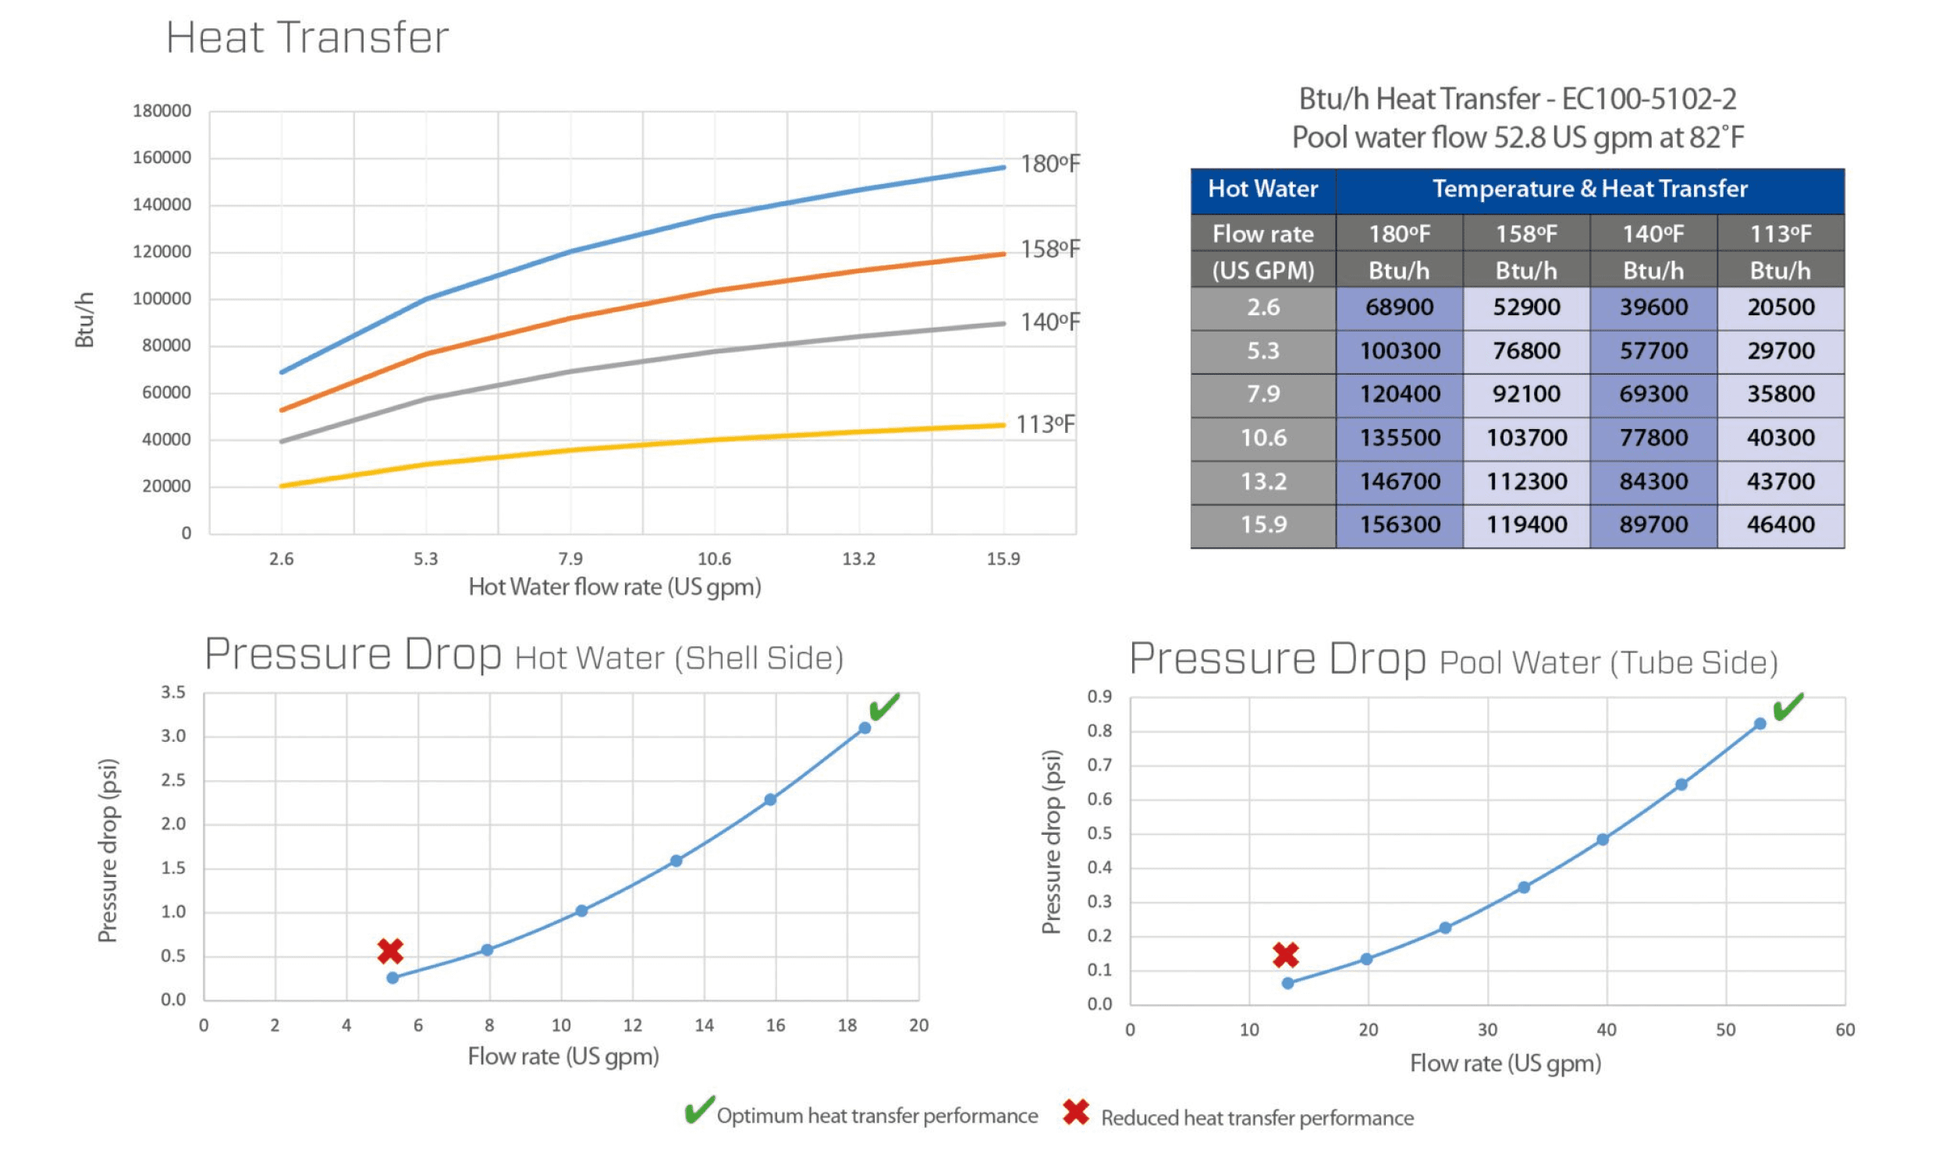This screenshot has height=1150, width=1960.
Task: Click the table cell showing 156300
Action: [1400, 524]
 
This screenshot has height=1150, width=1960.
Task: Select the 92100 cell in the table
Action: [1526, 394]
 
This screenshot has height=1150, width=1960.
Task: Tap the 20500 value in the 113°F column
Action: [1781, 307]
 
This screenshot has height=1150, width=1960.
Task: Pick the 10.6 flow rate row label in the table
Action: [1263, 438]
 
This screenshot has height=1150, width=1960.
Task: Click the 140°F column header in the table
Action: [1653, 234]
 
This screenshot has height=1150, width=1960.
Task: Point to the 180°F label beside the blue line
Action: [1050, 164]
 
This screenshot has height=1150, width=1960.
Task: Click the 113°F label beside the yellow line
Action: [1045, 424]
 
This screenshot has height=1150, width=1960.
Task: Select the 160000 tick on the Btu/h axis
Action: [162, 158]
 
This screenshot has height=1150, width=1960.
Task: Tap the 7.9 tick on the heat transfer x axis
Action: [570, 559]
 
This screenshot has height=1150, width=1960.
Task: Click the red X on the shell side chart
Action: [390, 951]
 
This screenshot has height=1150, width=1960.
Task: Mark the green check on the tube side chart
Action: [1788, 707]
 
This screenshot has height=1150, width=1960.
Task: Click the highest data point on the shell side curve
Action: [865, 728]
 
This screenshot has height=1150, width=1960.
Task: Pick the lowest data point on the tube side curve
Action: [1287, 983]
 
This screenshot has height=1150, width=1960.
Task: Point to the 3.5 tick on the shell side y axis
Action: [173, 693]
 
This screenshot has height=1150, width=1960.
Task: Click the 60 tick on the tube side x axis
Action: [1845, 1030]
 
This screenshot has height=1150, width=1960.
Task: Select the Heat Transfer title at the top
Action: [307, 37]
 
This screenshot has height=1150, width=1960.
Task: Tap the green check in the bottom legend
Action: [699, 1110]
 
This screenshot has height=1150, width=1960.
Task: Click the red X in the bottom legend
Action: [1076, 1113]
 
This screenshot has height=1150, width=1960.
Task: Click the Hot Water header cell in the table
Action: [1262, 189]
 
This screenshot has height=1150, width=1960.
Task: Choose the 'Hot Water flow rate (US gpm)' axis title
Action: [615, 587]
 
